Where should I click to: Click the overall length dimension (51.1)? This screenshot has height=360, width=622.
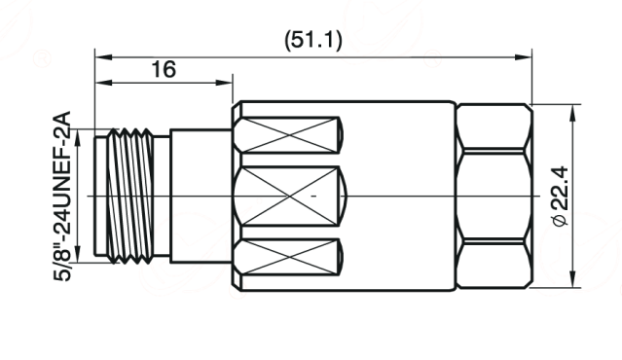point(313,41)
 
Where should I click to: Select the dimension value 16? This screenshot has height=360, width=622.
point(164,69)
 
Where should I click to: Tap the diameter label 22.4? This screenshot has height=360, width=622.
point(561,189)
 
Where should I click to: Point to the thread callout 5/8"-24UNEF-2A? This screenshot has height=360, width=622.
point(62,197)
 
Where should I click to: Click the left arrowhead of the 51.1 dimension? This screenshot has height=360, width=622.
point(103,57)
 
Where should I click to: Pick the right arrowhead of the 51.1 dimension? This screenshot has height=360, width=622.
point(524,57)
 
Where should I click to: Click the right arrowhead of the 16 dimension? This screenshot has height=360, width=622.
point(224,83)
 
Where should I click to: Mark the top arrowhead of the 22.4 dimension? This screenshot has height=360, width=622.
point(572,113)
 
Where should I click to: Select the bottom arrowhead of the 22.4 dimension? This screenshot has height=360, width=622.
point(572,279)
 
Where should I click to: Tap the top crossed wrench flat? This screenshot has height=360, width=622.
point(288,135)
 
